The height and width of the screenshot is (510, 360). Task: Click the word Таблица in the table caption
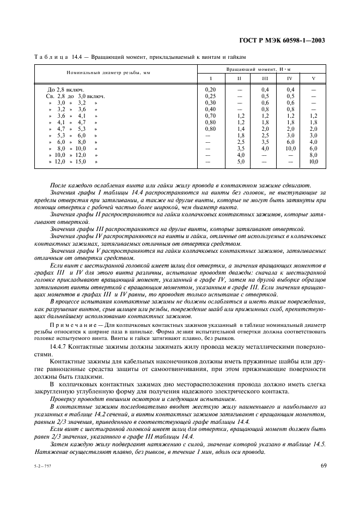tap(51, 57)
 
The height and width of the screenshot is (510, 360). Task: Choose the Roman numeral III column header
tap(265, 78)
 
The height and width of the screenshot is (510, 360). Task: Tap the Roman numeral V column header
tap(313, 78)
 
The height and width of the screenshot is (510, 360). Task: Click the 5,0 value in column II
tap(239, 162)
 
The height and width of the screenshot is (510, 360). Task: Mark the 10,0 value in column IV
tap(290, 149)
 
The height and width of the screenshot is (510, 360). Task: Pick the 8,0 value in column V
tap(313, 155)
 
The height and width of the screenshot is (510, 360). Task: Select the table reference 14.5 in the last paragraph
tap(315, 445)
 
